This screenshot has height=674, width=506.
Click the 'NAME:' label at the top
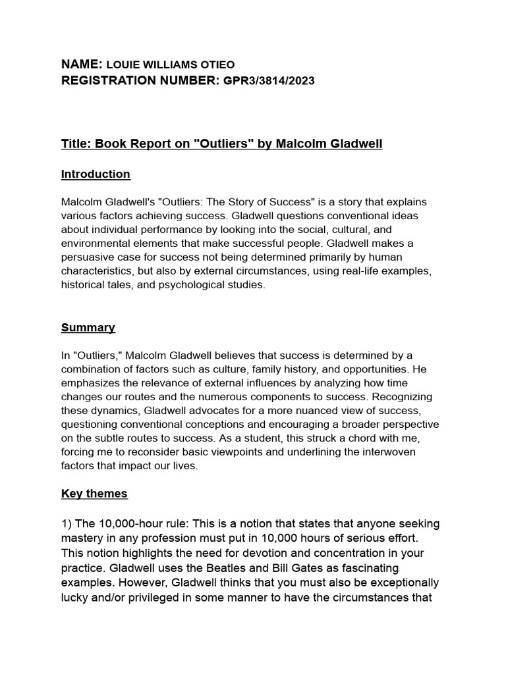coord(81,64)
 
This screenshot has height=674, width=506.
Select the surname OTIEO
coord(214,65)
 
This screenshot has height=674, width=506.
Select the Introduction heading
coord(96,174)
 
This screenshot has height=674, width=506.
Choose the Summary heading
coord(88,327)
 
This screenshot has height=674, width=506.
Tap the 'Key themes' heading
coord(94,493)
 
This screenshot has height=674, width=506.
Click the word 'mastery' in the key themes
coord(84,538)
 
